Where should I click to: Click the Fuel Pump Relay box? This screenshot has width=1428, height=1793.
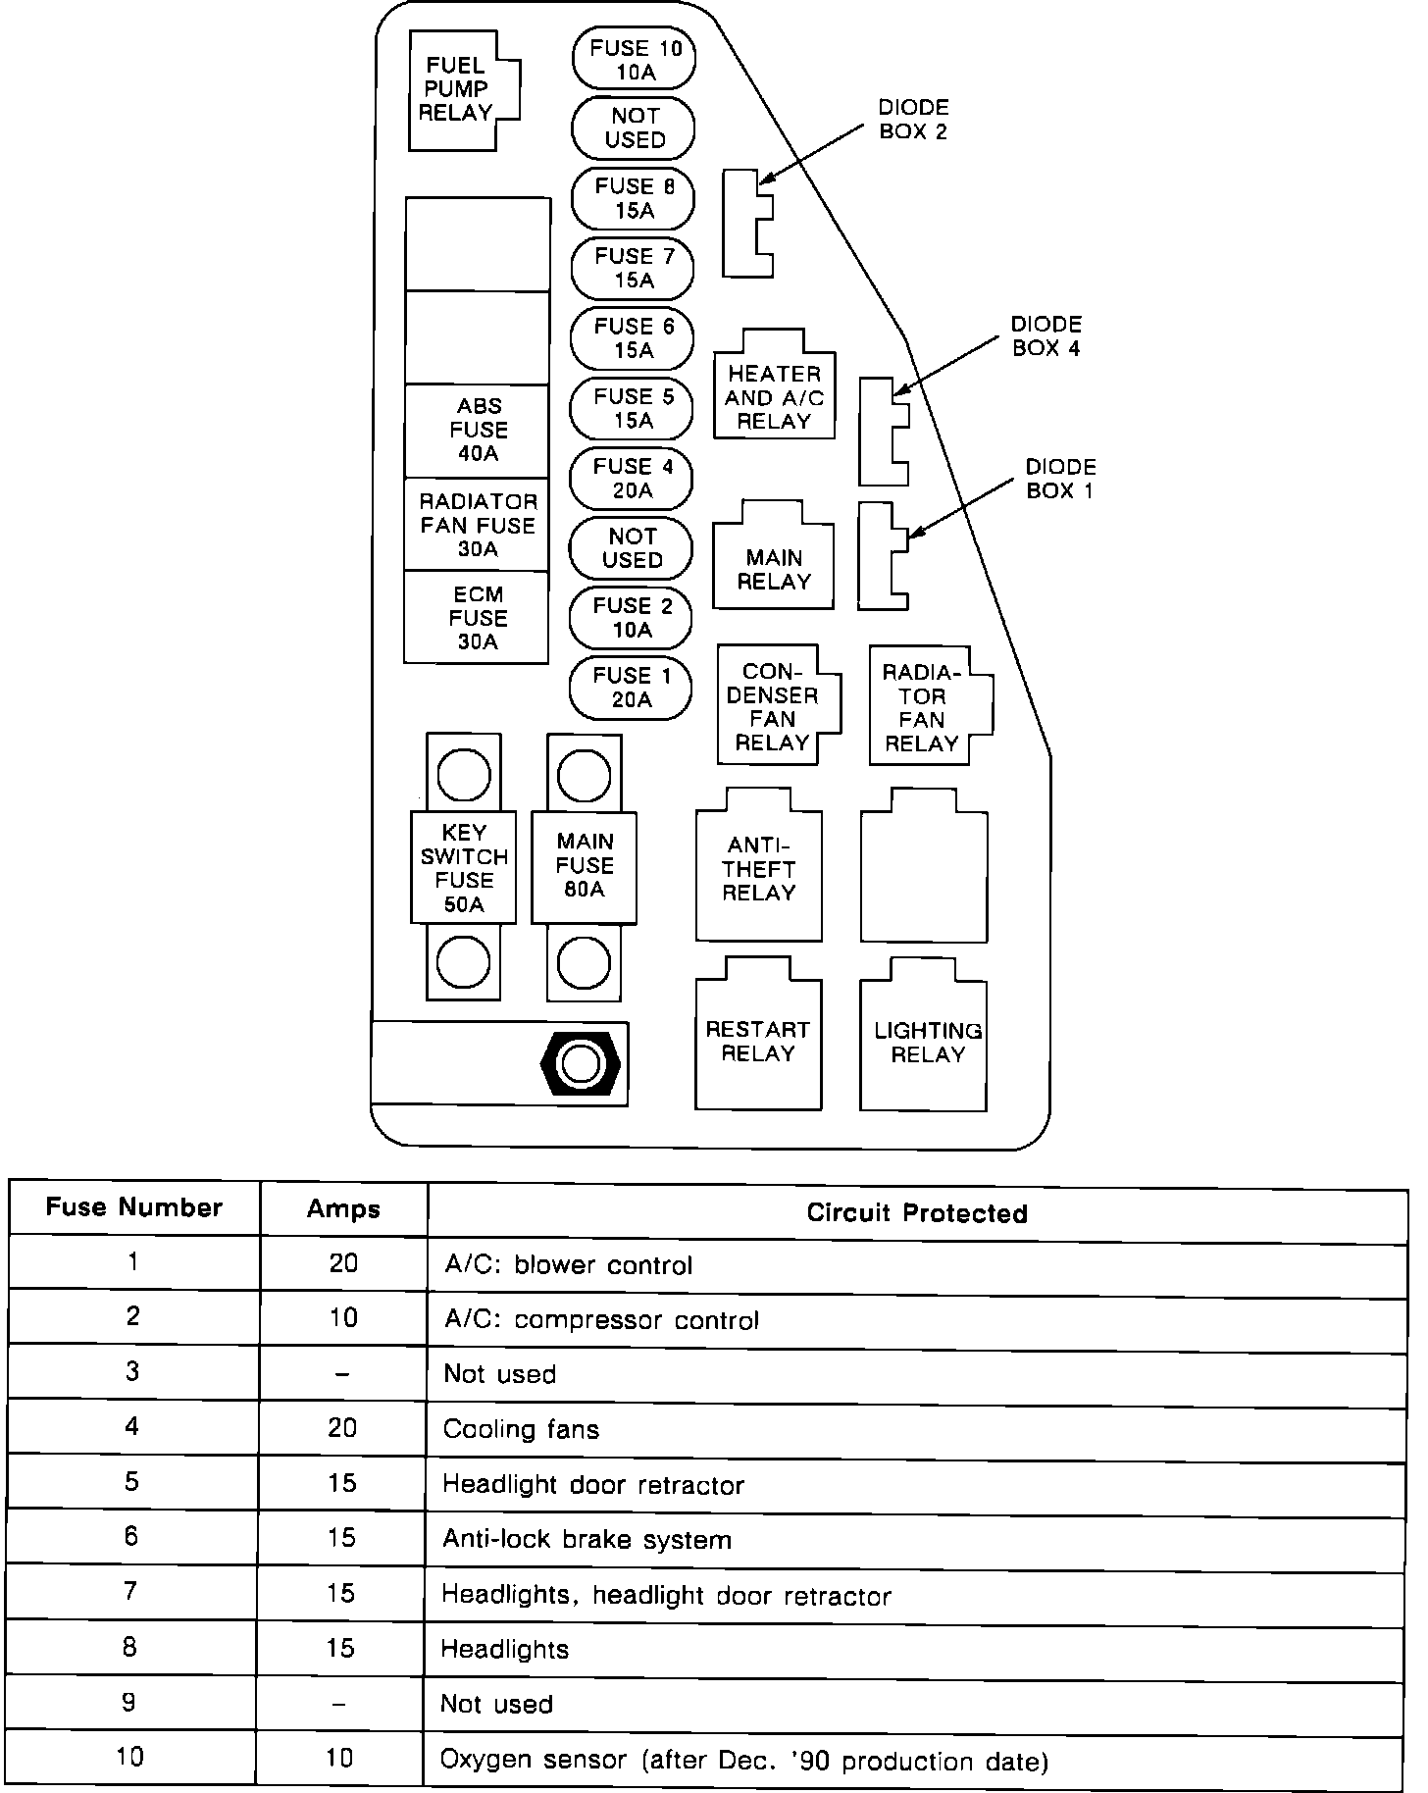457,90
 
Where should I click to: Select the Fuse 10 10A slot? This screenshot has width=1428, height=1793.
634,59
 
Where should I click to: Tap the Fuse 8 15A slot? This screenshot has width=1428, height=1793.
634,198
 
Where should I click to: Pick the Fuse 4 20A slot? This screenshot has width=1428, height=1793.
632,479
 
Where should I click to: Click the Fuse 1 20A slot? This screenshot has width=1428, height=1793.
632,688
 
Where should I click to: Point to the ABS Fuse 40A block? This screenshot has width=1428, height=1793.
478,431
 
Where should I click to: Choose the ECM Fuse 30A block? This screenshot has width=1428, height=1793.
478,618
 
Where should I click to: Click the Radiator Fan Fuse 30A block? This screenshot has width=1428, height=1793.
478,525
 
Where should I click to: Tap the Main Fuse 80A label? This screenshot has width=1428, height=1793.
585,866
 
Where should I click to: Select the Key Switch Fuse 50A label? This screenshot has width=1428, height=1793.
464,868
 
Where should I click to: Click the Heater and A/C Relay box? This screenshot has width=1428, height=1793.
774,396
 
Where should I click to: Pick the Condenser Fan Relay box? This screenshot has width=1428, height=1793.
774,706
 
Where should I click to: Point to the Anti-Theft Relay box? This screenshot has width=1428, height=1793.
758,869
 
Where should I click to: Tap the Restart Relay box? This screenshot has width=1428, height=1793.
758,1041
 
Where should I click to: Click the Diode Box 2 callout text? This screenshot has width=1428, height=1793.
913,120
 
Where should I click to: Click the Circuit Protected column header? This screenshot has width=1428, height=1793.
917,1213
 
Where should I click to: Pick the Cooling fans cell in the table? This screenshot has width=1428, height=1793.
521,1429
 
